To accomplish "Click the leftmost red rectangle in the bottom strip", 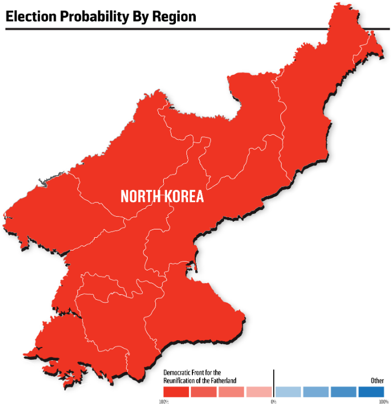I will [176, 392].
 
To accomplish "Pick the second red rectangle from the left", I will [204, 392].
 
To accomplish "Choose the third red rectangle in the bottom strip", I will [231, 392].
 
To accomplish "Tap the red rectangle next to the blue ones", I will [259, 392].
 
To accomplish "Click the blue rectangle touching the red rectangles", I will [288, 392].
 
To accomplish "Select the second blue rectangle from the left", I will [316, 392].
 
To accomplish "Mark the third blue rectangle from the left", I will [343, 392].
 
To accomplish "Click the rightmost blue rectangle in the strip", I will [371, 392].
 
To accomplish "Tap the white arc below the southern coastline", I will [84, 385].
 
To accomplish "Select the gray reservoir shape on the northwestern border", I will [42, 182].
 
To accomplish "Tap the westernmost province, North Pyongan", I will [50, 211].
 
